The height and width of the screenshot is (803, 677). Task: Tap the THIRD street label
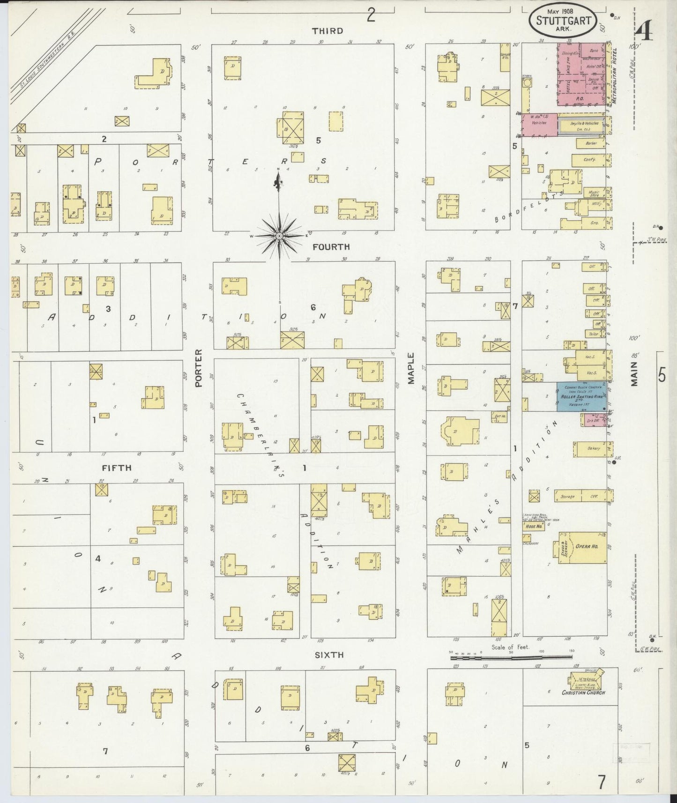328,31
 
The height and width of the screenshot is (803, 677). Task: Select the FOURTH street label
331,246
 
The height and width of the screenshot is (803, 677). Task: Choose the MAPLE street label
411,369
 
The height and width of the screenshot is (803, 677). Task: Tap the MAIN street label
634,373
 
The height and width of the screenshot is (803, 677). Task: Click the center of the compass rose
279,236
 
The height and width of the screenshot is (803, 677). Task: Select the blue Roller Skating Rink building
580,396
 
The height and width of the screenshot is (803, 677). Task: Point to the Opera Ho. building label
586,547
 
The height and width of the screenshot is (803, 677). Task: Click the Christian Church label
583,692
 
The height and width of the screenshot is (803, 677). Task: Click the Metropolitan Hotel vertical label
614,75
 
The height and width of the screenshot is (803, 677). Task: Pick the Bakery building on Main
593,449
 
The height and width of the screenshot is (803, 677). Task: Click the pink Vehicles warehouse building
539,125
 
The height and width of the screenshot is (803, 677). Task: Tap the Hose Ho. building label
534,526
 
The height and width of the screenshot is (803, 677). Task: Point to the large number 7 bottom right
601,782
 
